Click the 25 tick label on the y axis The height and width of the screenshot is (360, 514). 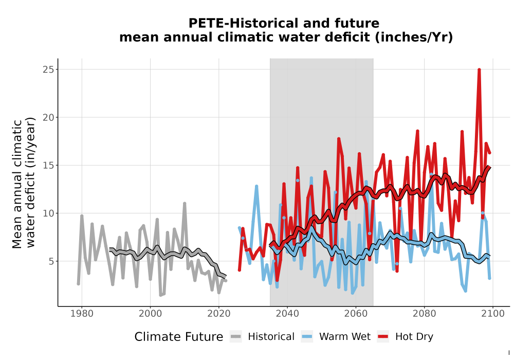(48, 69)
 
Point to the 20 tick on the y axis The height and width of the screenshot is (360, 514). (48, 117)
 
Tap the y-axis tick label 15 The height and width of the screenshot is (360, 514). (48, 165)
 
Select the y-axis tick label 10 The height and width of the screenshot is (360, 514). (48, 213)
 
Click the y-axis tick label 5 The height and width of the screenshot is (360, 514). (51, 261)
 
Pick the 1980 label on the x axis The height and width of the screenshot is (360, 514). (82, 314)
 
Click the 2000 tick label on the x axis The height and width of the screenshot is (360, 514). (151, 314)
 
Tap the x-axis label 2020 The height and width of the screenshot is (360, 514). (218, 314)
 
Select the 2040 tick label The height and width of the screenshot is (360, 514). (287, 314)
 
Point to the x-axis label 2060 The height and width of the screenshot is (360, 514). (356, 314)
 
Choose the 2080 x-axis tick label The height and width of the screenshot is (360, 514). (424, 314)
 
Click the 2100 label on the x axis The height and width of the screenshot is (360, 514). (493, 314)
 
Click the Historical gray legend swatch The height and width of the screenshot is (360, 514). (235, 337)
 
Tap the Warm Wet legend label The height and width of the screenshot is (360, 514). (345, 337)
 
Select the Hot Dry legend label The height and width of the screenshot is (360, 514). (414, 337)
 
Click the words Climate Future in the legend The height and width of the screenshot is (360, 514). (179, 337)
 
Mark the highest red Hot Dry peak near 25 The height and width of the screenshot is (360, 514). (479, 70)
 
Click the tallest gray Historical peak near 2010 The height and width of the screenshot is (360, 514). (185, 204)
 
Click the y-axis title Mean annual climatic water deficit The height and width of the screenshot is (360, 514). (24, 183)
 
